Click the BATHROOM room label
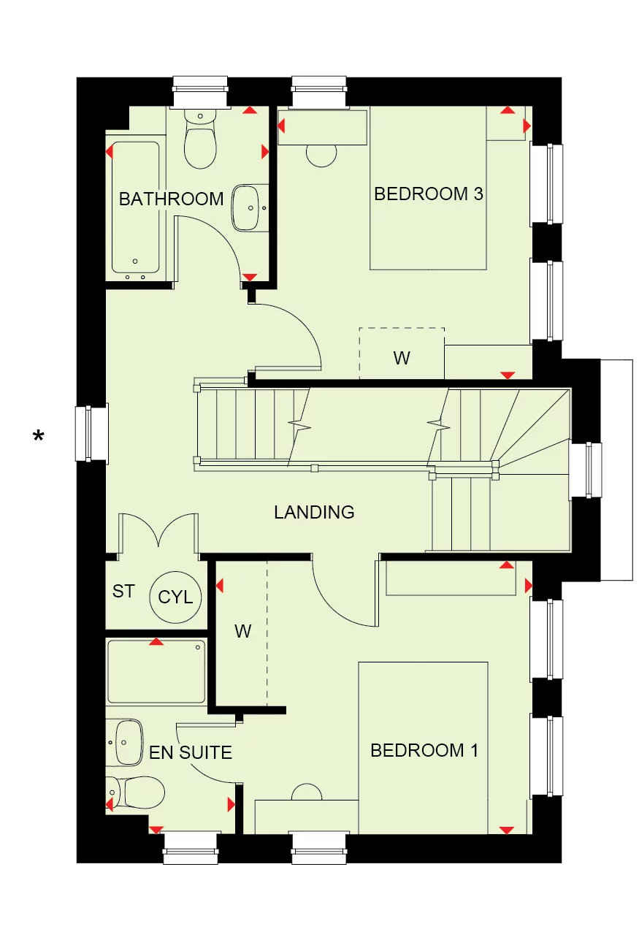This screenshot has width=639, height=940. coord(171,199)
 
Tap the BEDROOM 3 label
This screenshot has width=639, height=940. coord(429,194)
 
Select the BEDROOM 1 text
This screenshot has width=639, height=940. coord(424,751)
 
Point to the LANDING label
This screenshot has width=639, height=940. coord(314,513)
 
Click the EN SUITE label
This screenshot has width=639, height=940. coord(191,752)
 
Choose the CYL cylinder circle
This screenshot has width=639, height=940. coord(176,597)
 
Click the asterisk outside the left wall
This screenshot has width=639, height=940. coord(38,437)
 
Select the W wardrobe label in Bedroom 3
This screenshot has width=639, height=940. coord(402,359)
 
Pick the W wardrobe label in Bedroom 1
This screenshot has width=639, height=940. coord(242,632)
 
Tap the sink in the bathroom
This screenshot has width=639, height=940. coord(250,207)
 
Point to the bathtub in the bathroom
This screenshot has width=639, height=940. coord(135,207)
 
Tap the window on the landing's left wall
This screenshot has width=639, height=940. coord(91,434)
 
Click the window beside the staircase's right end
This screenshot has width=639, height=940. coord(586,470)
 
